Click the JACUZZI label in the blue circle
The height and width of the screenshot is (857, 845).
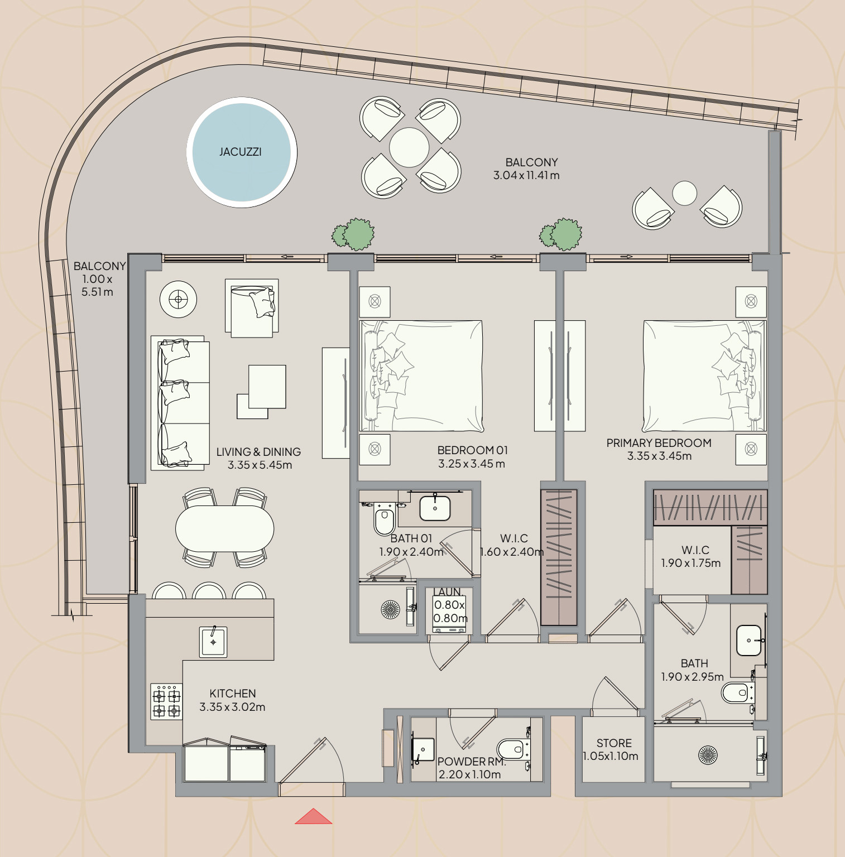pos(241,152)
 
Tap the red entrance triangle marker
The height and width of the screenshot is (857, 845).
pos(313,816)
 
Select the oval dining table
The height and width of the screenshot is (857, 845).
pos(224,528)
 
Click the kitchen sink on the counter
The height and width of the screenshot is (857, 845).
pos(213,642)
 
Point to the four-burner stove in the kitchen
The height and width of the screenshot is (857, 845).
pos(166,701)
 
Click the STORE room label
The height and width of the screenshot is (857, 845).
pos(614,743)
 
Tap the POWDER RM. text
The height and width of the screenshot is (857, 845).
pos(471,762)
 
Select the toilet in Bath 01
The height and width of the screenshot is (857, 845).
pos(384,519)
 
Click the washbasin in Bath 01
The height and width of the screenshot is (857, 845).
pos(435,508)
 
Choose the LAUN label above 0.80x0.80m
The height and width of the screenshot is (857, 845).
pos(447,592)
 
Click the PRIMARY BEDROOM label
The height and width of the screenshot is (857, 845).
pos(659,443)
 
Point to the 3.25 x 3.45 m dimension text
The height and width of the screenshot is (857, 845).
pos(472,464)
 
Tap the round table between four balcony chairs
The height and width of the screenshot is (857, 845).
pos(409,147)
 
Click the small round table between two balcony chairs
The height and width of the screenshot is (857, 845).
pos(684,194)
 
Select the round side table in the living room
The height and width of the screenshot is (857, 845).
pos(178,300)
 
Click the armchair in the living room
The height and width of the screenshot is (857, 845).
pos(252,308)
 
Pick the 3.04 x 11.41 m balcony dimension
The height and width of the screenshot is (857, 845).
pos(526,175)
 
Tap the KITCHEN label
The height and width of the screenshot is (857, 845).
pos(233,694)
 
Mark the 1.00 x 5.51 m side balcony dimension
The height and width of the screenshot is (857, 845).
pos(97,285)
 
